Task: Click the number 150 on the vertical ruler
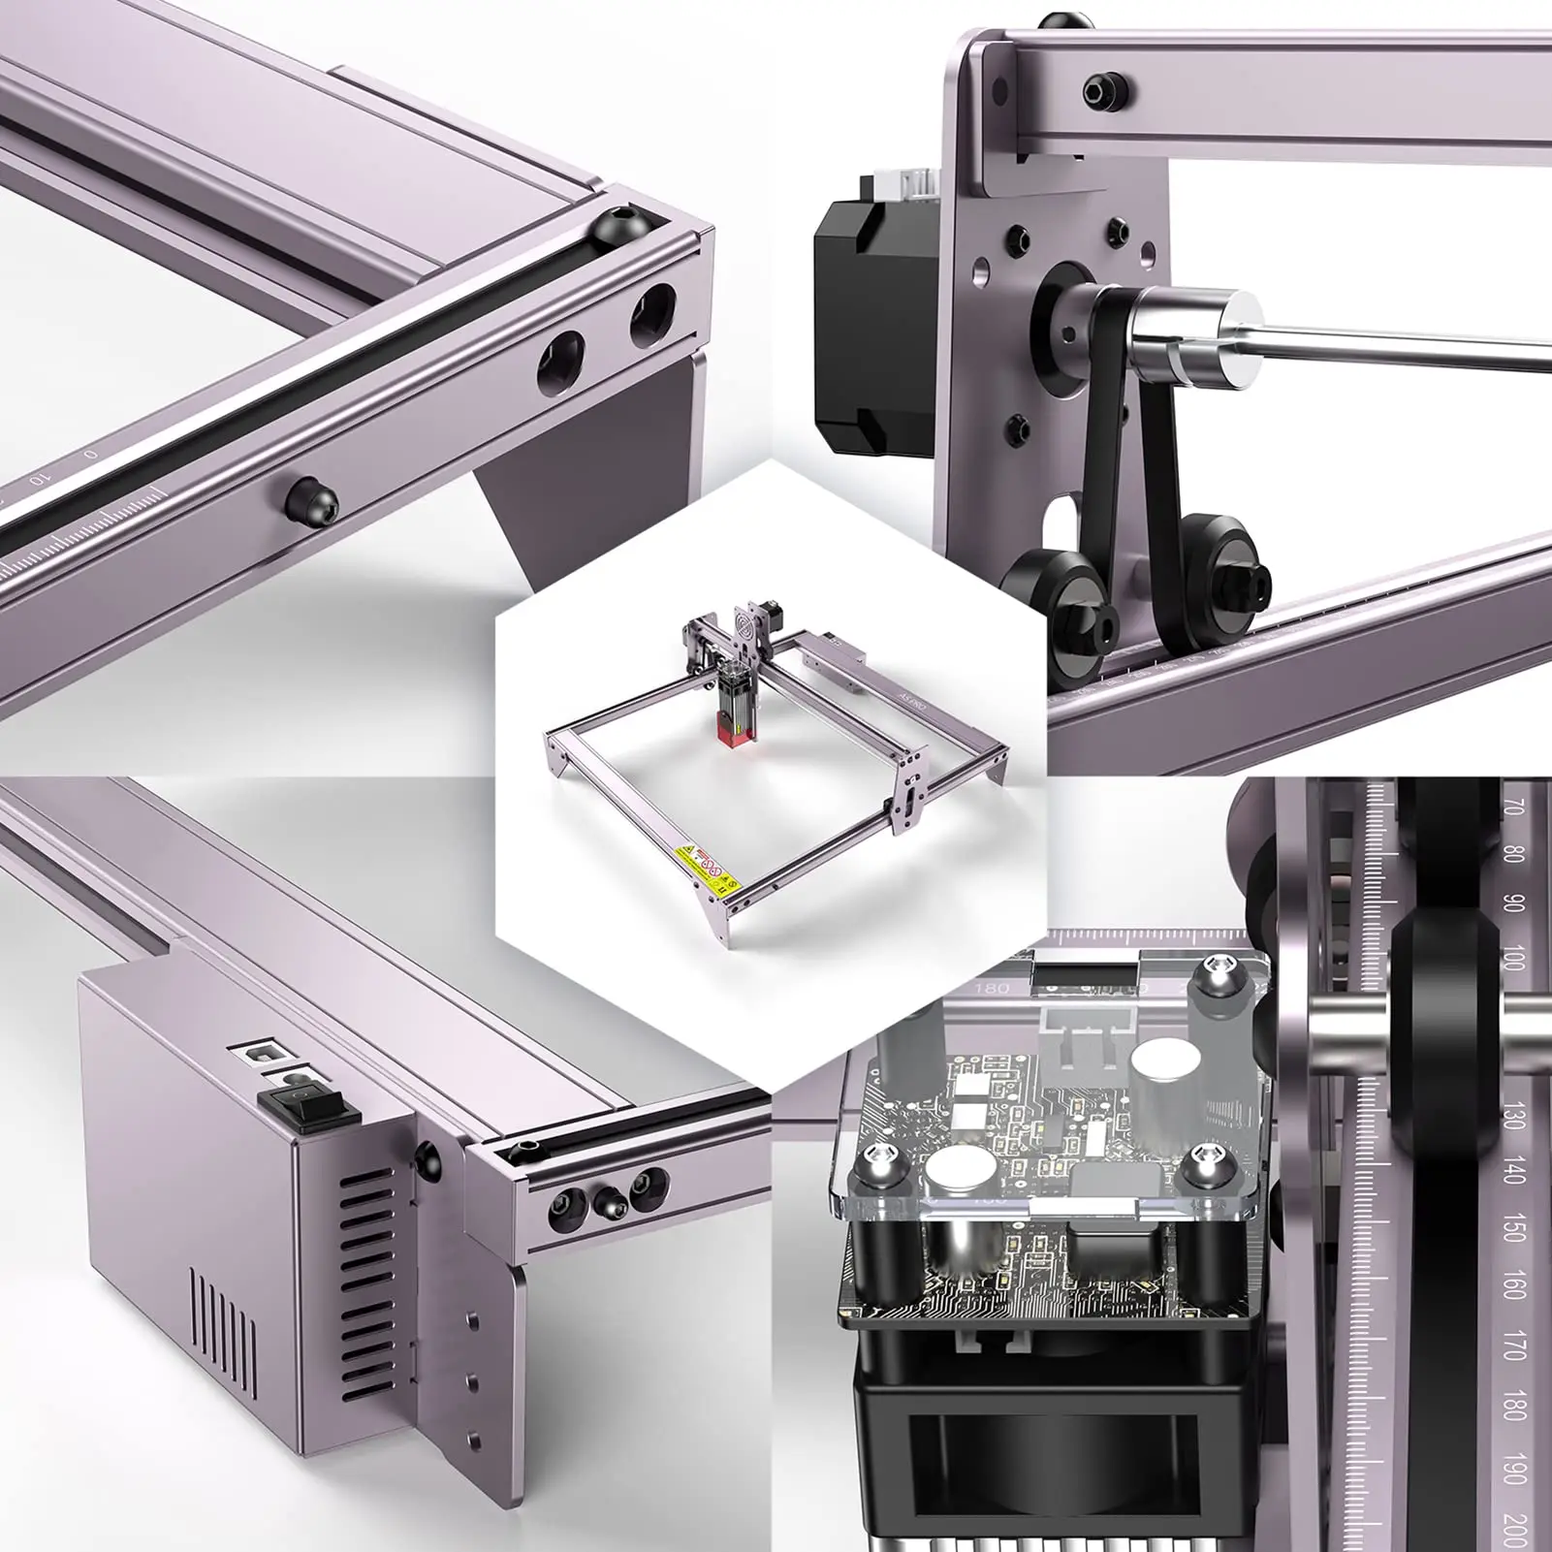[x=1513, y=1229]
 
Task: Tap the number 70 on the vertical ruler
[x=1514, y=807]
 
